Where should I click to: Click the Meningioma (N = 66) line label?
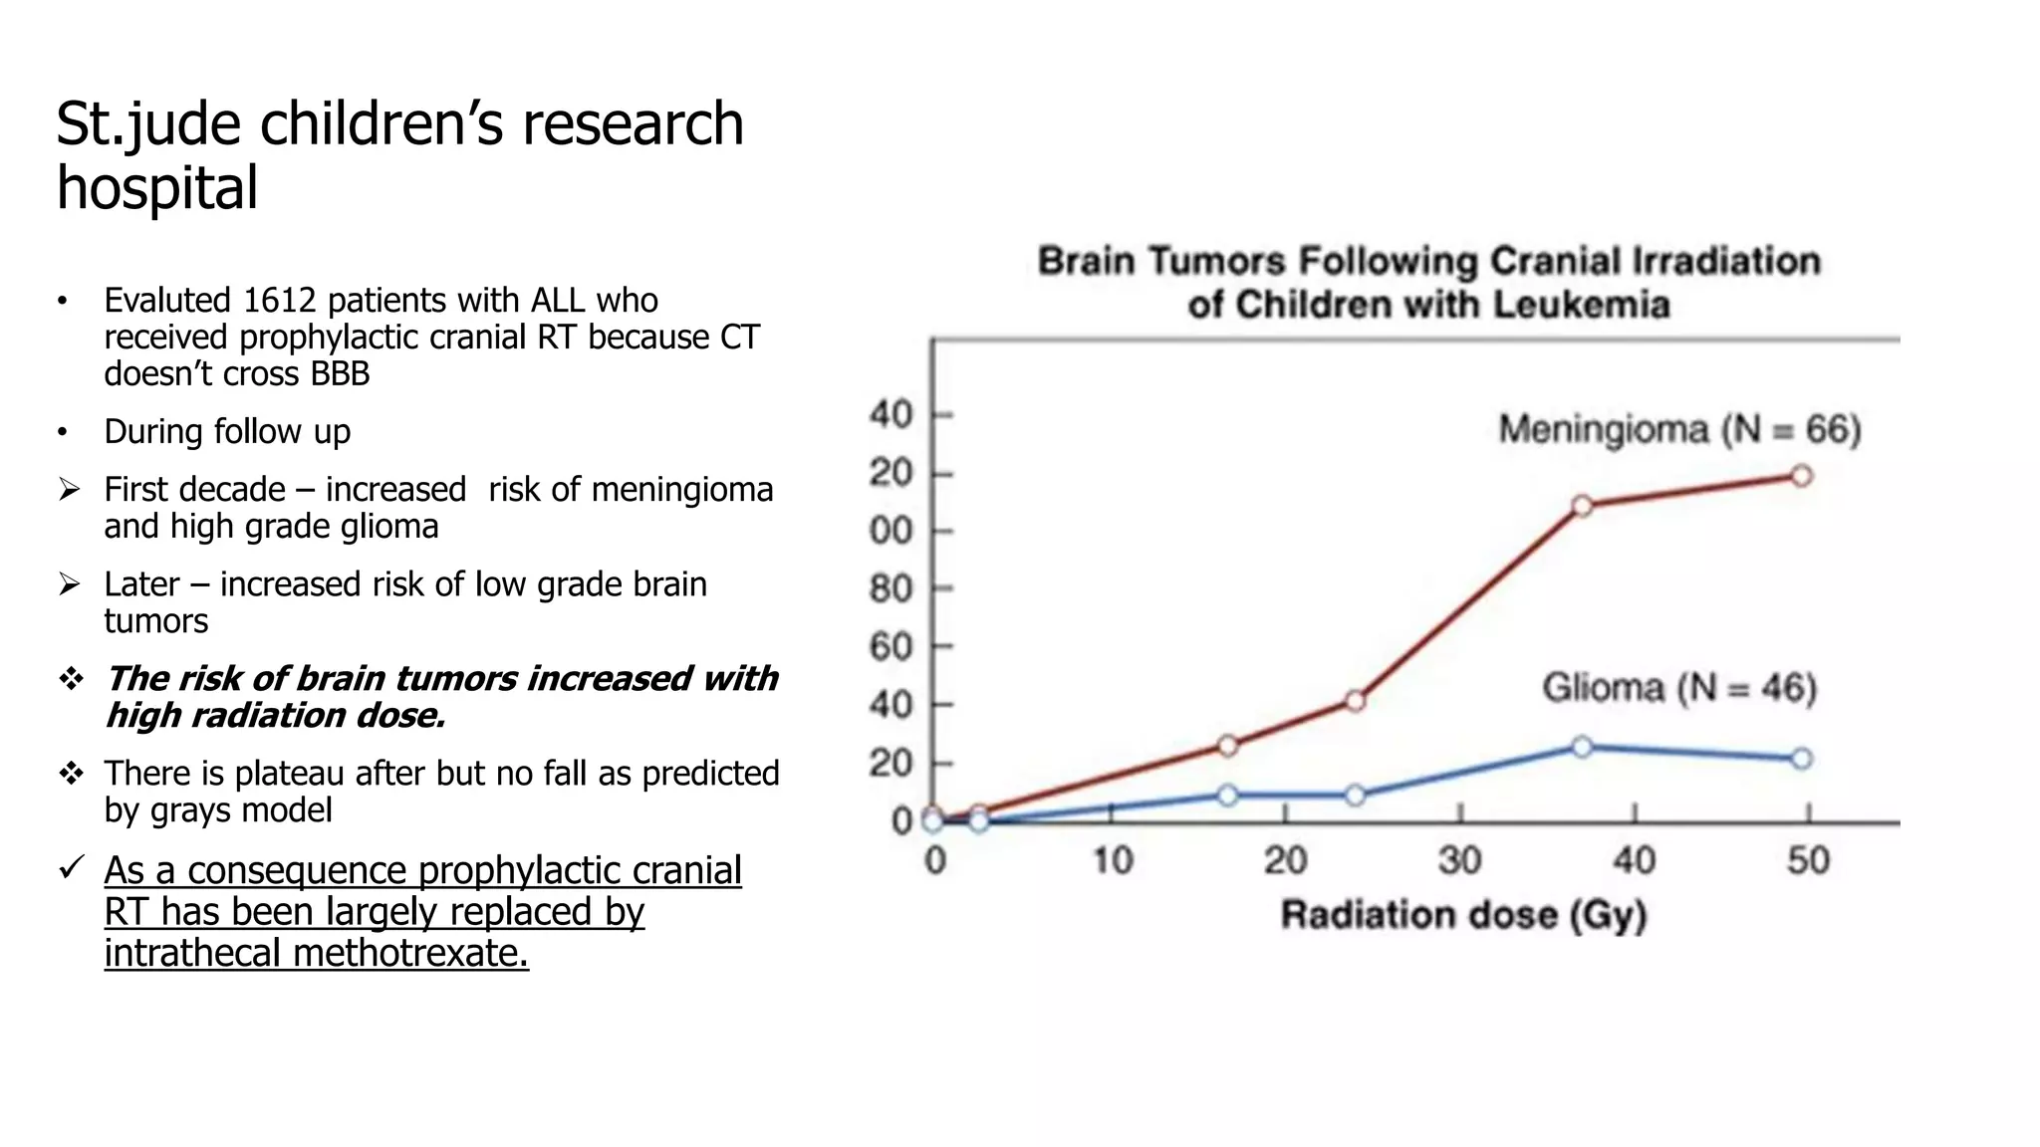point(1679,430)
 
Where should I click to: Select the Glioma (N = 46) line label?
point(1679,688)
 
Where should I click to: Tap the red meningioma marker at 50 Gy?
point(1801,476)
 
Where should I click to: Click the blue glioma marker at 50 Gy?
point(1801,759)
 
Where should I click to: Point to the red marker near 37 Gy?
point(1582,506)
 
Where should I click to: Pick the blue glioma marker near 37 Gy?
point(1582,747)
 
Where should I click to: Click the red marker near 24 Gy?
point(1355,701)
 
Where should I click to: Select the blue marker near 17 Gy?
point(1228,795)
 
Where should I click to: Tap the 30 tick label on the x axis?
point(1459,860)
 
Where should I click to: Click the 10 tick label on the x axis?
point(1112,860)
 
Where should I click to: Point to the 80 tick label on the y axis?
point(891,589)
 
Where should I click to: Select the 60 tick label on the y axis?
point(891,647)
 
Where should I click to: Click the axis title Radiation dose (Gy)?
point(1462,915)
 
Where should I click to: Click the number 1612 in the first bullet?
point(280,301)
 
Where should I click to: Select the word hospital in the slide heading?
point(157,188)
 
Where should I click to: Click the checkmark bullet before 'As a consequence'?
point(71,867)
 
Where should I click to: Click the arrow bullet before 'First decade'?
point(69,489)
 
